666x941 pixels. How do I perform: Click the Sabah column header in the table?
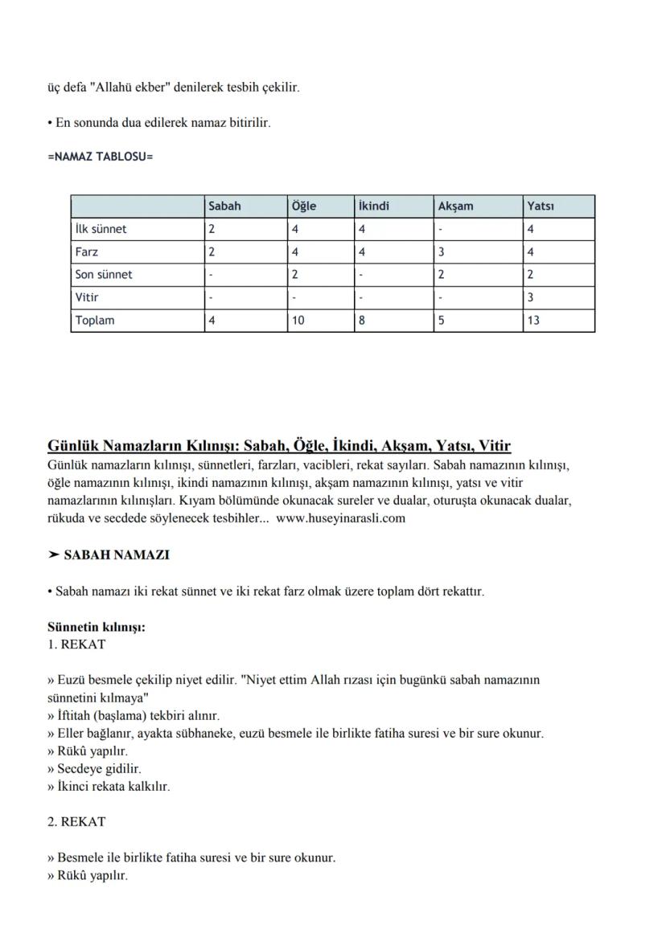(224, 207)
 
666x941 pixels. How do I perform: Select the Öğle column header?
(303, 207)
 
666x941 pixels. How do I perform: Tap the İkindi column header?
(373, 207)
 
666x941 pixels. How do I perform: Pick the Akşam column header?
(455, 207)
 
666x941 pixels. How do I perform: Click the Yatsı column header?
(541, 207)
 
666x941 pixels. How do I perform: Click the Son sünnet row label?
(103, 274)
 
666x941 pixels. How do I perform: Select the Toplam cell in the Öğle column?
(298, 320)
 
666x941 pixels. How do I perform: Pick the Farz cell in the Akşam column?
(442, 252)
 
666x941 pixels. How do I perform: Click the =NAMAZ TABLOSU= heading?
(100, 156)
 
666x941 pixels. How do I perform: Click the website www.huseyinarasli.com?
(340, 518)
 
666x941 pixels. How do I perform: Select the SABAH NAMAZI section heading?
(116, 555)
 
